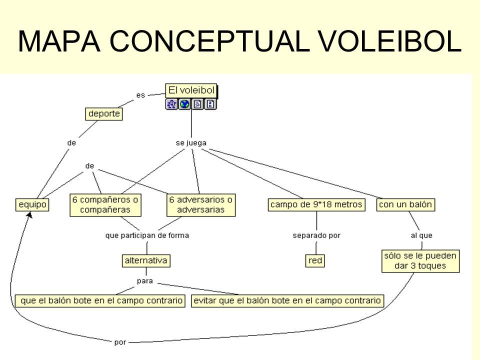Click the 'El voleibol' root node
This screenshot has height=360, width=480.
[x=191, y=90]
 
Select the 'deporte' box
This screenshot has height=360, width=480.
[x=104, y=114]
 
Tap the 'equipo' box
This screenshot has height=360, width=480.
[x=32, y=204]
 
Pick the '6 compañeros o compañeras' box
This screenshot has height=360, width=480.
[x=105, y=205]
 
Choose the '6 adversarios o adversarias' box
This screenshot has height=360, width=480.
[x=201, y=205]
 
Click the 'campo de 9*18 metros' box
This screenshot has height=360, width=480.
[x=316, y=204]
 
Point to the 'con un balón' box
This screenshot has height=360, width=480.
[x=405, y=204]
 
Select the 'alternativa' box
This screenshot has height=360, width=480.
[x=146, y=261]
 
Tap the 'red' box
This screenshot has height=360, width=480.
[x=315, y=261]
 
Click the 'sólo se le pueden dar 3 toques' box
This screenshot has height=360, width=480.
[x=420, y=261]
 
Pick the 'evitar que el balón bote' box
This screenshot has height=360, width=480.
[x=287, y=300]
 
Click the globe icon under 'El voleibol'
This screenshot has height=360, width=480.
[x=184, y=104]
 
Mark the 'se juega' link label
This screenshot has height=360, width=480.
[x=191, y=143]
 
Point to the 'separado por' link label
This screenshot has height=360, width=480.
[x=316, y=235]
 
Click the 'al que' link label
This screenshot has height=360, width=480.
[x=421, y=235]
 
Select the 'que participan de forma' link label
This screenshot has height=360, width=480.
[x=147, y=235]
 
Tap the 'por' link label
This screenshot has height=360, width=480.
[x=120, y=342]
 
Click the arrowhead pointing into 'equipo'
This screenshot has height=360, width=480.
[x=29, y=215]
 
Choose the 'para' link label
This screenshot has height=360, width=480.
[x=145, y=281]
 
